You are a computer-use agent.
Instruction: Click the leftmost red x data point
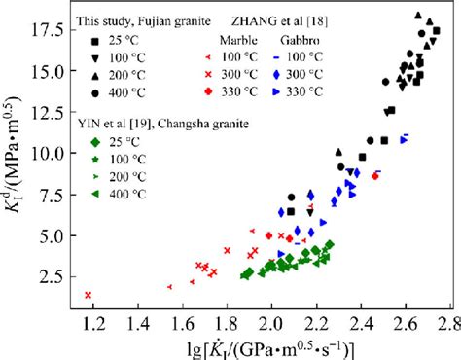[89, 295]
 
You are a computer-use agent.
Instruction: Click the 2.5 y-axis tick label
[50, 276]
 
